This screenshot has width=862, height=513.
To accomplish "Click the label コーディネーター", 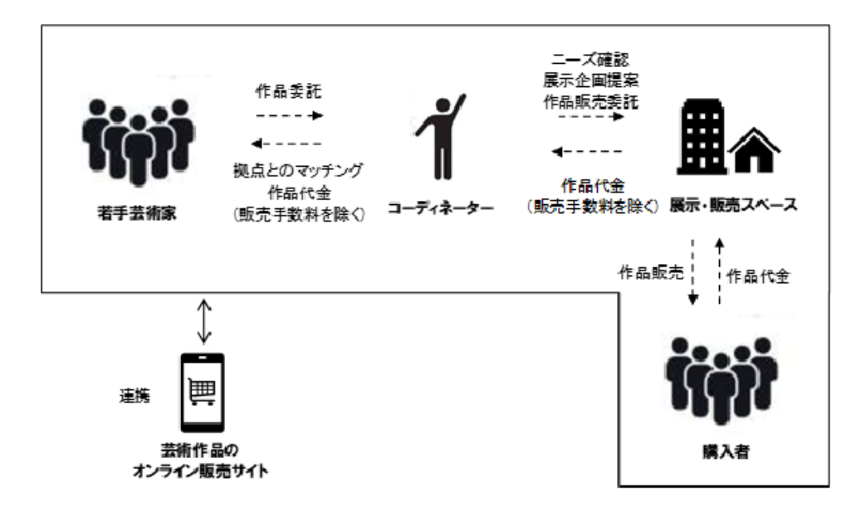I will pyautogui.click(x=439, y=209).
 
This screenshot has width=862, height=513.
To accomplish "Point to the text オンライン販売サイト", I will pyautogui.click(x=200, y=471).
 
